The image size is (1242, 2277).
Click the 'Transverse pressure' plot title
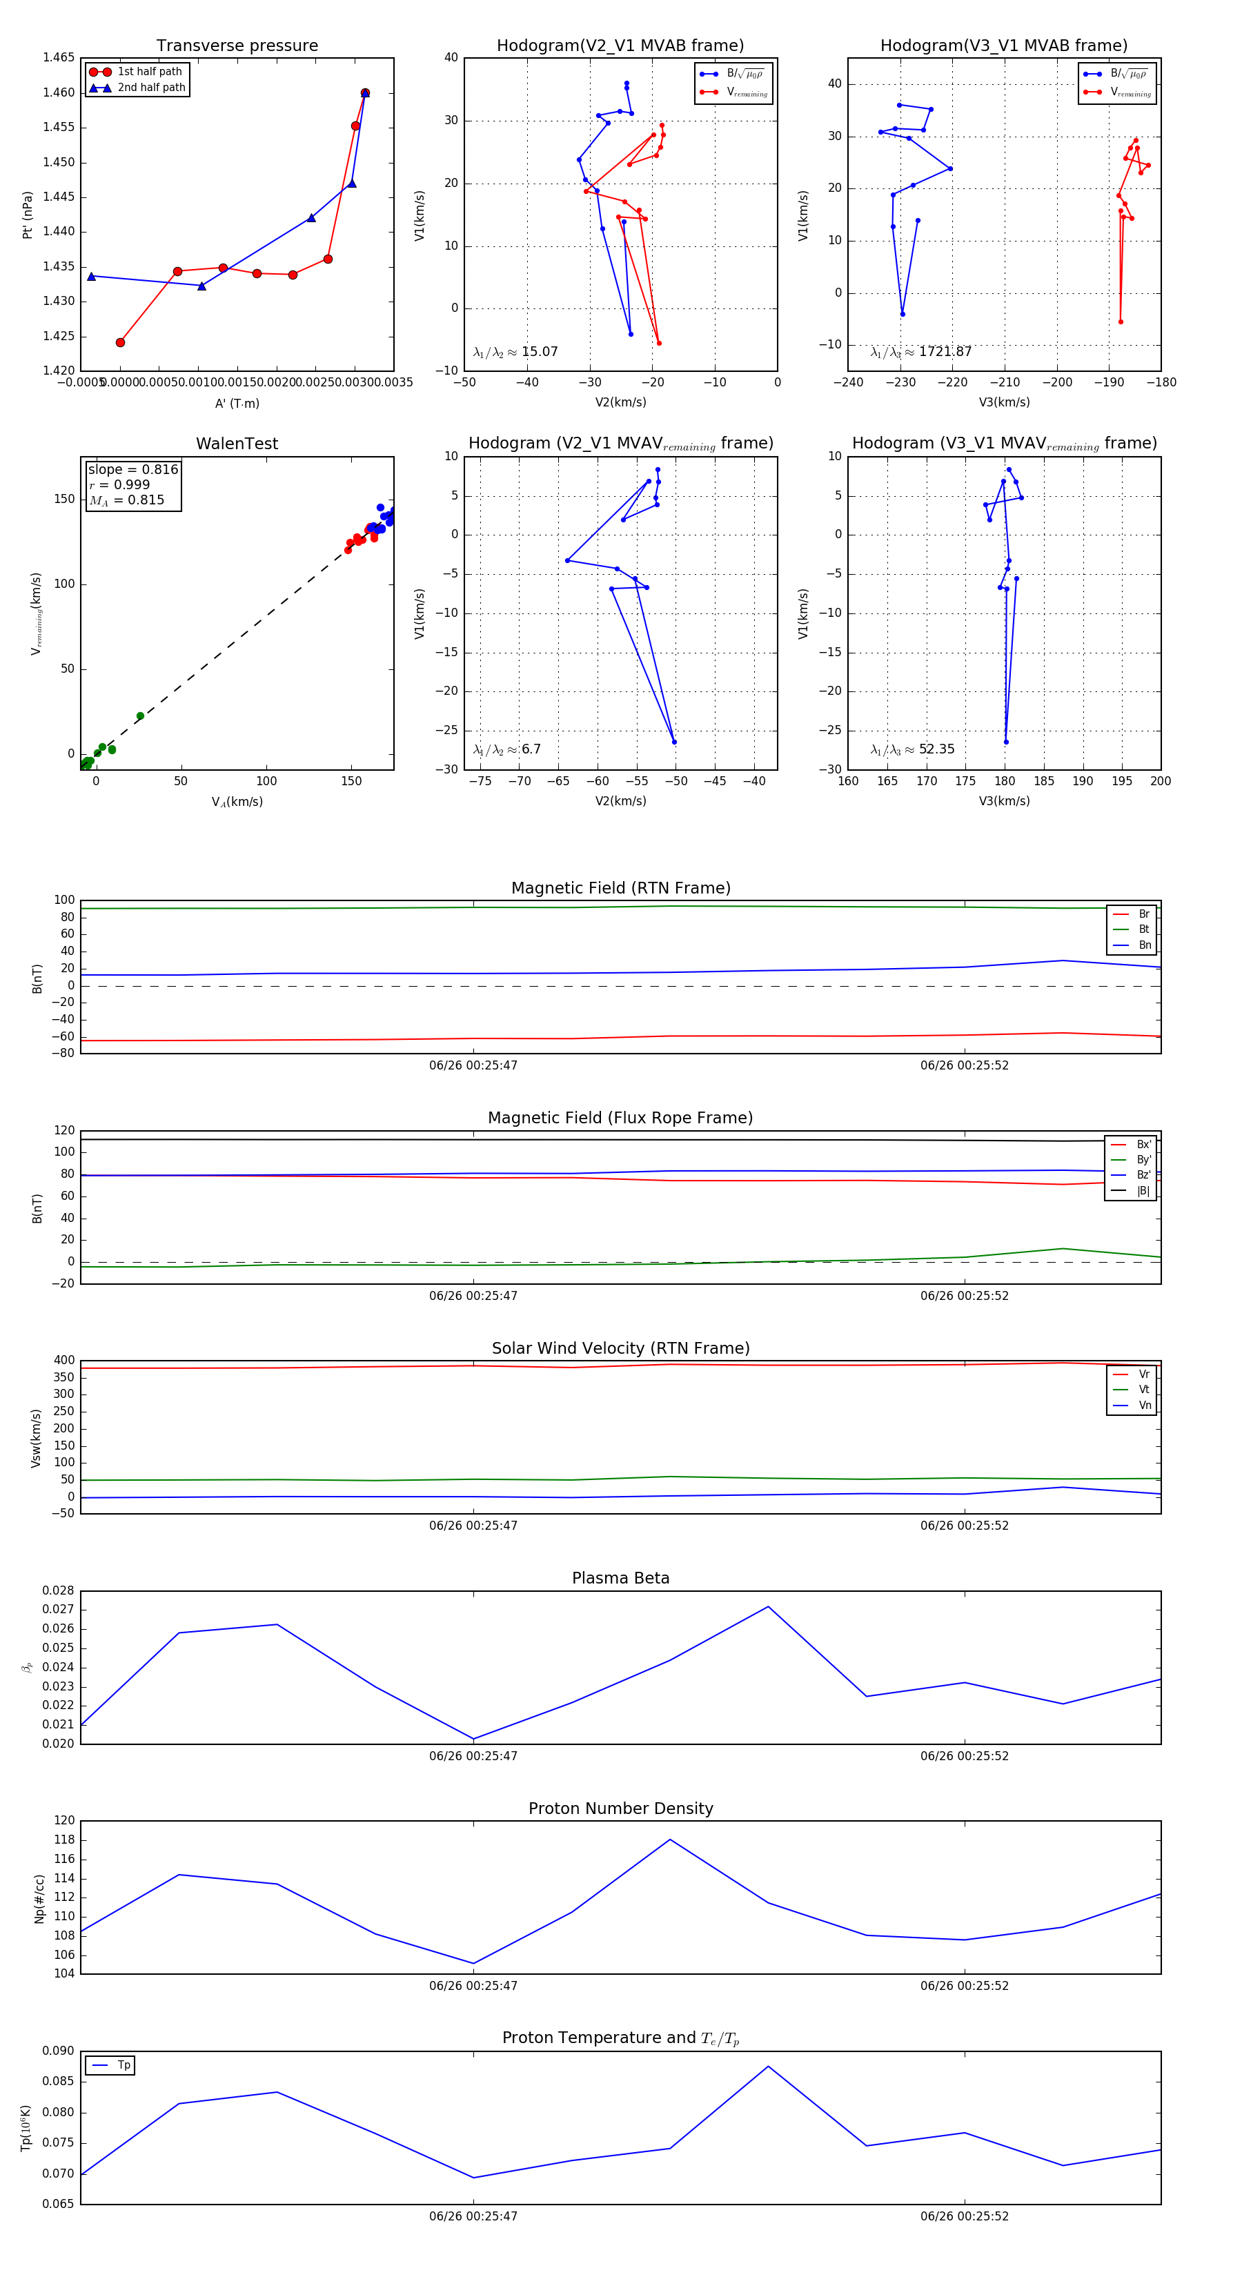[237, 46]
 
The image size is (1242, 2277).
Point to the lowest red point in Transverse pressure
[120, 342]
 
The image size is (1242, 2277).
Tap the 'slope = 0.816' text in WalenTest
[132, 469]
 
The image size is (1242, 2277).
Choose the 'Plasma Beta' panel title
[620, 1579]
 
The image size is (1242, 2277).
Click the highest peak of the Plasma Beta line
[767, 1607]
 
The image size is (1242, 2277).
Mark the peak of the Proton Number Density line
[670, 1840]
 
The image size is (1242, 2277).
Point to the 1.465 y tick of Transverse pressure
[59, 57]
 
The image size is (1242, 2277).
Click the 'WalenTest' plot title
[237, 444]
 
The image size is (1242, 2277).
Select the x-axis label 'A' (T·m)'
[237, 403]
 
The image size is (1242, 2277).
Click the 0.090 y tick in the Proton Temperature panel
[59, 2051]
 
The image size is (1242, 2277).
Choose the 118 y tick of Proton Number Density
[65, 1840]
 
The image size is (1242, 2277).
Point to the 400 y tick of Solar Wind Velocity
[65, 1361]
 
